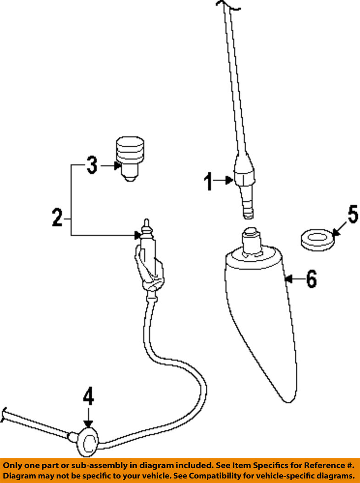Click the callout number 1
(208, 182)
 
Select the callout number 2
(57, 218)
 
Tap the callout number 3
(92, 165)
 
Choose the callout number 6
(311, 279)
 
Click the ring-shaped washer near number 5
(317, 239)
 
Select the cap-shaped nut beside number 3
(130, 159)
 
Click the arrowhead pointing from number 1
(229, 180)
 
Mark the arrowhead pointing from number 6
(288, 279)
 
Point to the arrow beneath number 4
(89, 417)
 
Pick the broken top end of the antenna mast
(227, 5)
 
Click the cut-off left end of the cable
(4, 414)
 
